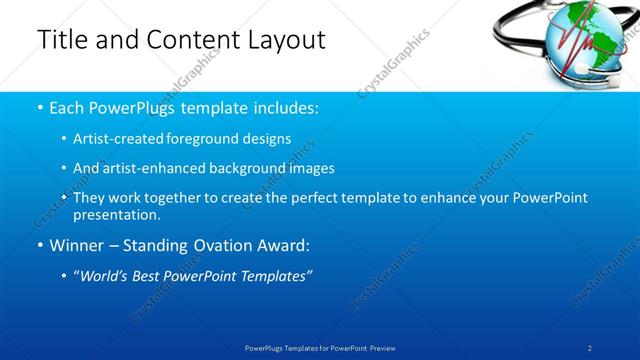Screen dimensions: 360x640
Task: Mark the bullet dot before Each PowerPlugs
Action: click(x=39, y=107)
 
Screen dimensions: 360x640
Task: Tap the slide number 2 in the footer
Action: click(x=590, y=346)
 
